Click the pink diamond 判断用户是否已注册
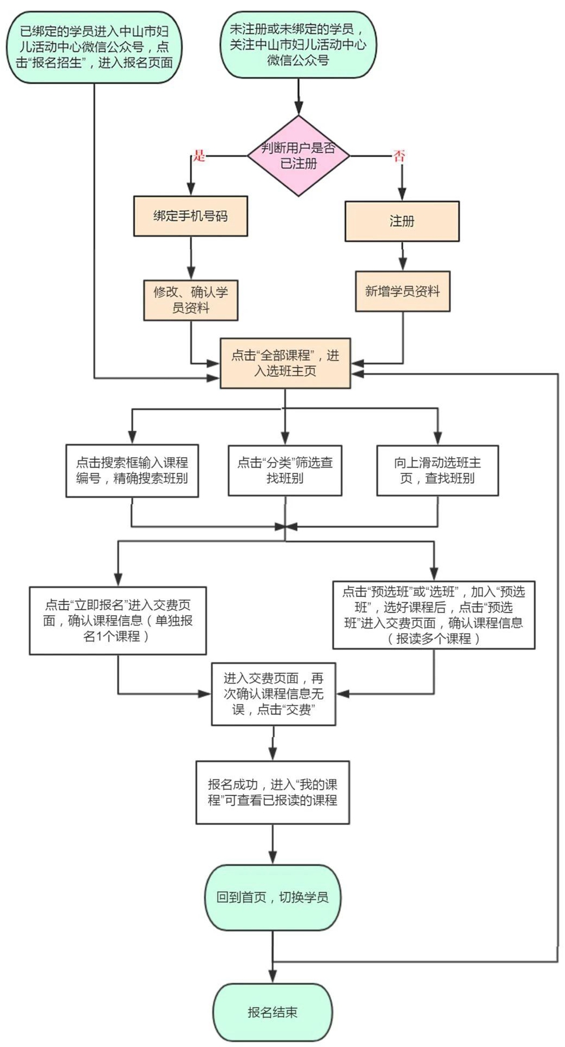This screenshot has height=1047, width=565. coord(298,156)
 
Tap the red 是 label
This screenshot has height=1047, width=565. coord(200,157)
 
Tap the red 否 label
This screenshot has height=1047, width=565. coord(399,157)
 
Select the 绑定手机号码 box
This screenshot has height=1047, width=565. coord(190,216)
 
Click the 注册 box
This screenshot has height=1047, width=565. coord(402,221)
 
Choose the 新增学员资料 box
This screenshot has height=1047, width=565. coord(402,291)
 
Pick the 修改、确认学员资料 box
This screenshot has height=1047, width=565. coord(190,300)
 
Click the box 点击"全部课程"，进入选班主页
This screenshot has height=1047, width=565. coord(285,363)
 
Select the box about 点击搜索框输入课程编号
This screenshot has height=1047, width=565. coord(132,470)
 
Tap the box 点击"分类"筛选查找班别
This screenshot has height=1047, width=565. coord(285,470)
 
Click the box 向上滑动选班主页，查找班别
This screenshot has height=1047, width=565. coord(437,470)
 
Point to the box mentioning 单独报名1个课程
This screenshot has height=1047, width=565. coord(118,621)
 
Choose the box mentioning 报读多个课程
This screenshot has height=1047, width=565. coord(434,615)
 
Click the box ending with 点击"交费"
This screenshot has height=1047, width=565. coord(274,694)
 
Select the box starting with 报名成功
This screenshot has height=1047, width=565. coord(272,792)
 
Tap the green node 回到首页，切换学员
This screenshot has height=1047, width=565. coord(272,897)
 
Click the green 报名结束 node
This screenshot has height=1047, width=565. coord(272,1012)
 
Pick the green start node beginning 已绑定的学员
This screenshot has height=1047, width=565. coord(94,47)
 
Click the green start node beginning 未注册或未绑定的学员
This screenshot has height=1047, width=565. coord(298,44)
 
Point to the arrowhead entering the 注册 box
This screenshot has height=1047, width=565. coord(402,195)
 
